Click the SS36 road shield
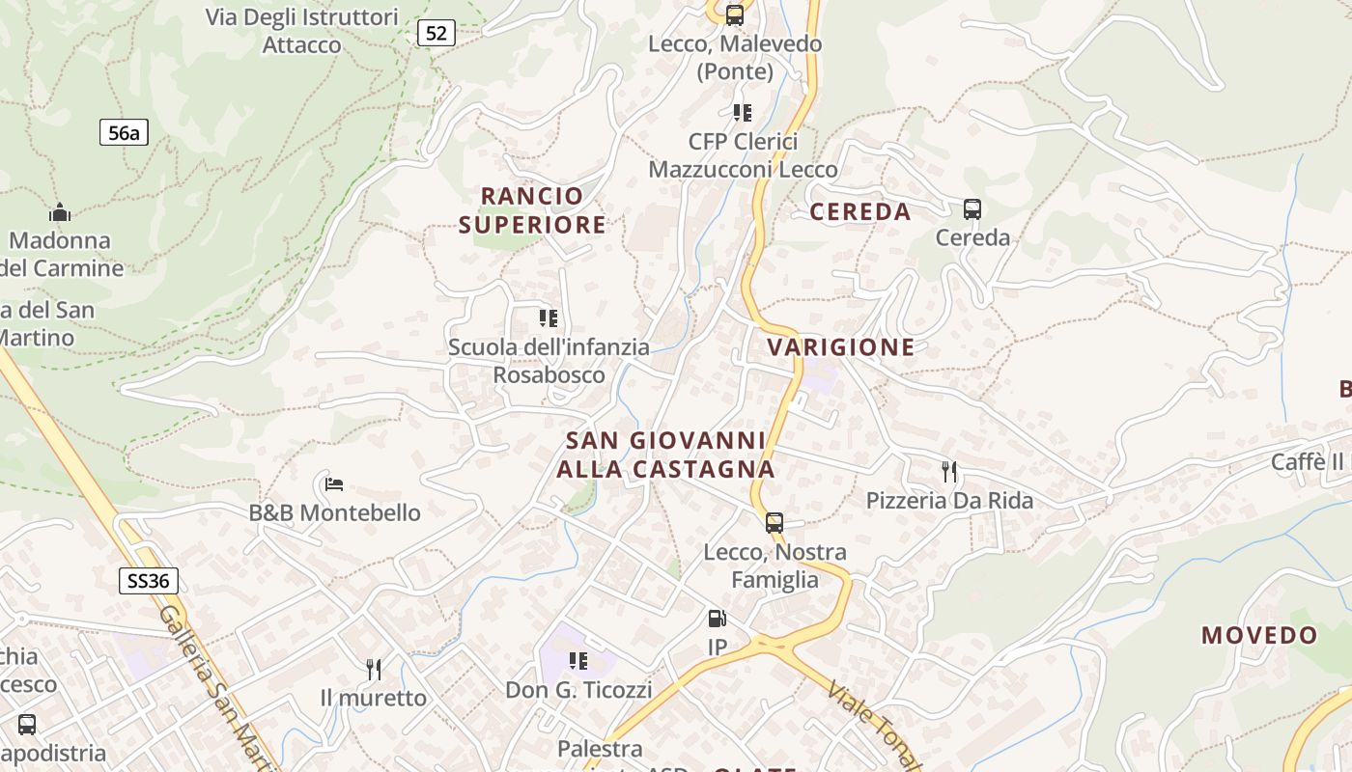pyautogui.click(x=149, y=581)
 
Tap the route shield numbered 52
pyautogui.click(x=437, y=34)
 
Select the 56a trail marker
pyautogui.click(x=124, y=133)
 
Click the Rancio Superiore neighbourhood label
pyautogui.click(x=532, y=210)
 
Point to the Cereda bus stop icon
pyautogui.click(x=972, y=209)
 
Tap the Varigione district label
pyautogui.click(x=840, y=347)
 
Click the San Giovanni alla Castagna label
pyautogui.click(x=665, y=455)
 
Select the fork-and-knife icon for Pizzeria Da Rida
pyautogui.click(x=949, y=472)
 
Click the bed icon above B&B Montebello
pyautogui.click(x=334, y=484)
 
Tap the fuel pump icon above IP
pyautogui.click(x=717, y=619)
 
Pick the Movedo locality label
pyautogui.click(x=1259, y=635)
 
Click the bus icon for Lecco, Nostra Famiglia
pyautogui.click(x=775, y=523)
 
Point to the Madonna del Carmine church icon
pyautogui.click(x=60, y=212)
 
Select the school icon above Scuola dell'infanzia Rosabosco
pyautogui.click(x=549, y=318)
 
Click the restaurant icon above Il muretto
pyautogui.click(x=373, y=669)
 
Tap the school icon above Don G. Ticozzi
pyautogui.click(x=578, y=661)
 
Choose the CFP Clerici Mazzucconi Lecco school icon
pyautogui.click(x=742, y=113)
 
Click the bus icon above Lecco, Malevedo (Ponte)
pyautogui.click(x=735, y=15)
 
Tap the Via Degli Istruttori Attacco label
pyautogui.click(x=302, y=31)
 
